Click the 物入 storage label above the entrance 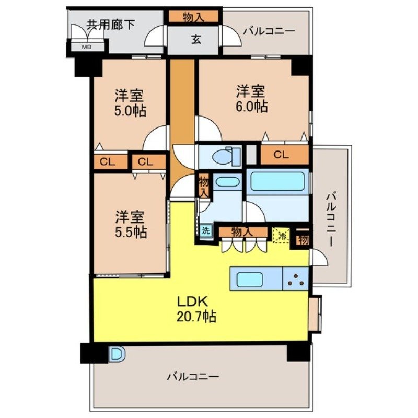pos(193,17)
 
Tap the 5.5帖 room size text pos(131,232)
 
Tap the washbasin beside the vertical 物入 pos(227,183)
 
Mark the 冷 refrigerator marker pos(281,234)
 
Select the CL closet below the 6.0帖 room pos(281,155)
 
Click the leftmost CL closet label pos(108,162)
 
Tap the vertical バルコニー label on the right pos(330,219)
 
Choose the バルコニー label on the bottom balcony pos(193,376)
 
